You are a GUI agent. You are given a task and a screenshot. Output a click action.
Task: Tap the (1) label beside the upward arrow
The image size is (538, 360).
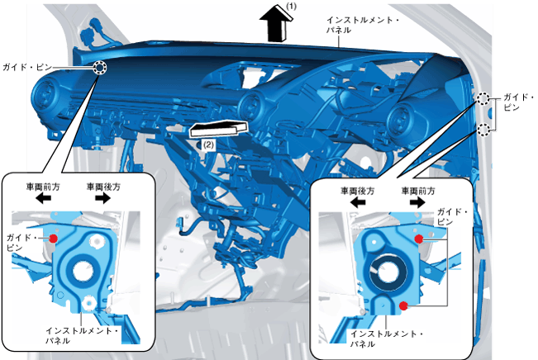291,6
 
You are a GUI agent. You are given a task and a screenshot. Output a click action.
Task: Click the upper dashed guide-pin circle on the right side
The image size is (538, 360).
483,101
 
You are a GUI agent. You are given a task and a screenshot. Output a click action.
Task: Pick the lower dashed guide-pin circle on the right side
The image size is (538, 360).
483,129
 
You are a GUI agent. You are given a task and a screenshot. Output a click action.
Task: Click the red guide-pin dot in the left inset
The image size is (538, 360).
53,237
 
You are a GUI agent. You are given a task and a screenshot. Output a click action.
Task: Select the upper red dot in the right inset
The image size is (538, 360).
419,238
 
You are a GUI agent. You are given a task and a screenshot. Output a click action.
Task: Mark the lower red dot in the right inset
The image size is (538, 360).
403,306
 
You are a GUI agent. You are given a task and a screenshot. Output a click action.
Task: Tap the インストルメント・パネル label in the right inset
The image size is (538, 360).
387,338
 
